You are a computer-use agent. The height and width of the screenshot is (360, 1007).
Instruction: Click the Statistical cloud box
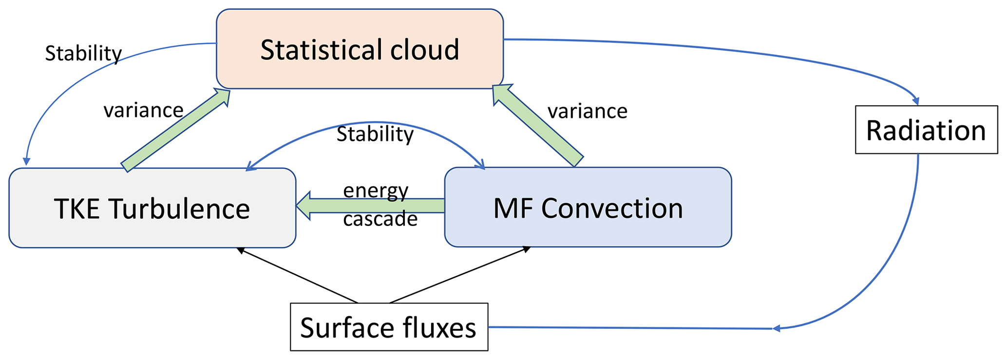(360, 49)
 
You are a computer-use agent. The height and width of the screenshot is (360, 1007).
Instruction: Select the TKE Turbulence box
(152, 208)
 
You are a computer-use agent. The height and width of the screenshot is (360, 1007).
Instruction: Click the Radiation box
(926, 130)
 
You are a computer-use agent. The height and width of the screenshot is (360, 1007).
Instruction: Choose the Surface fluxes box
(389, 327)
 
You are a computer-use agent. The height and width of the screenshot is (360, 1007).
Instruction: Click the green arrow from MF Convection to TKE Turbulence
(370, 206)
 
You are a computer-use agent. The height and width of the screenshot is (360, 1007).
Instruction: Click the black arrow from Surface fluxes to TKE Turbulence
(297, 275)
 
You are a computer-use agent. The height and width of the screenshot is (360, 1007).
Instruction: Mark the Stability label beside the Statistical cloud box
(83, 53)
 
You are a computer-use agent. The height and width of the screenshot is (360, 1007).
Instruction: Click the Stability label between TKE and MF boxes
(375, 134)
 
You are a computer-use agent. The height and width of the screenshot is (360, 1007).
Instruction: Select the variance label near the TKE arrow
(143, 111)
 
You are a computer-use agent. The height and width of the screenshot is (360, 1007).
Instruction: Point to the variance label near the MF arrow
(588, 112)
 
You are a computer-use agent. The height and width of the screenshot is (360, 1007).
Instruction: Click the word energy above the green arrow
(376, 190)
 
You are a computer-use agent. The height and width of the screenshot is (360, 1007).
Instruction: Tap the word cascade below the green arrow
(380, 219)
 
